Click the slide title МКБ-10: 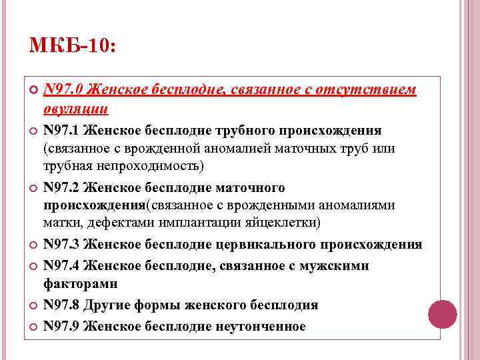point(73,46)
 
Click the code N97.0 point(63,90)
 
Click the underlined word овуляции point(76,108)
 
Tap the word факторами point(71,284)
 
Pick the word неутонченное point(260,326)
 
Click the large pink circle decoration point(441,313)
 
